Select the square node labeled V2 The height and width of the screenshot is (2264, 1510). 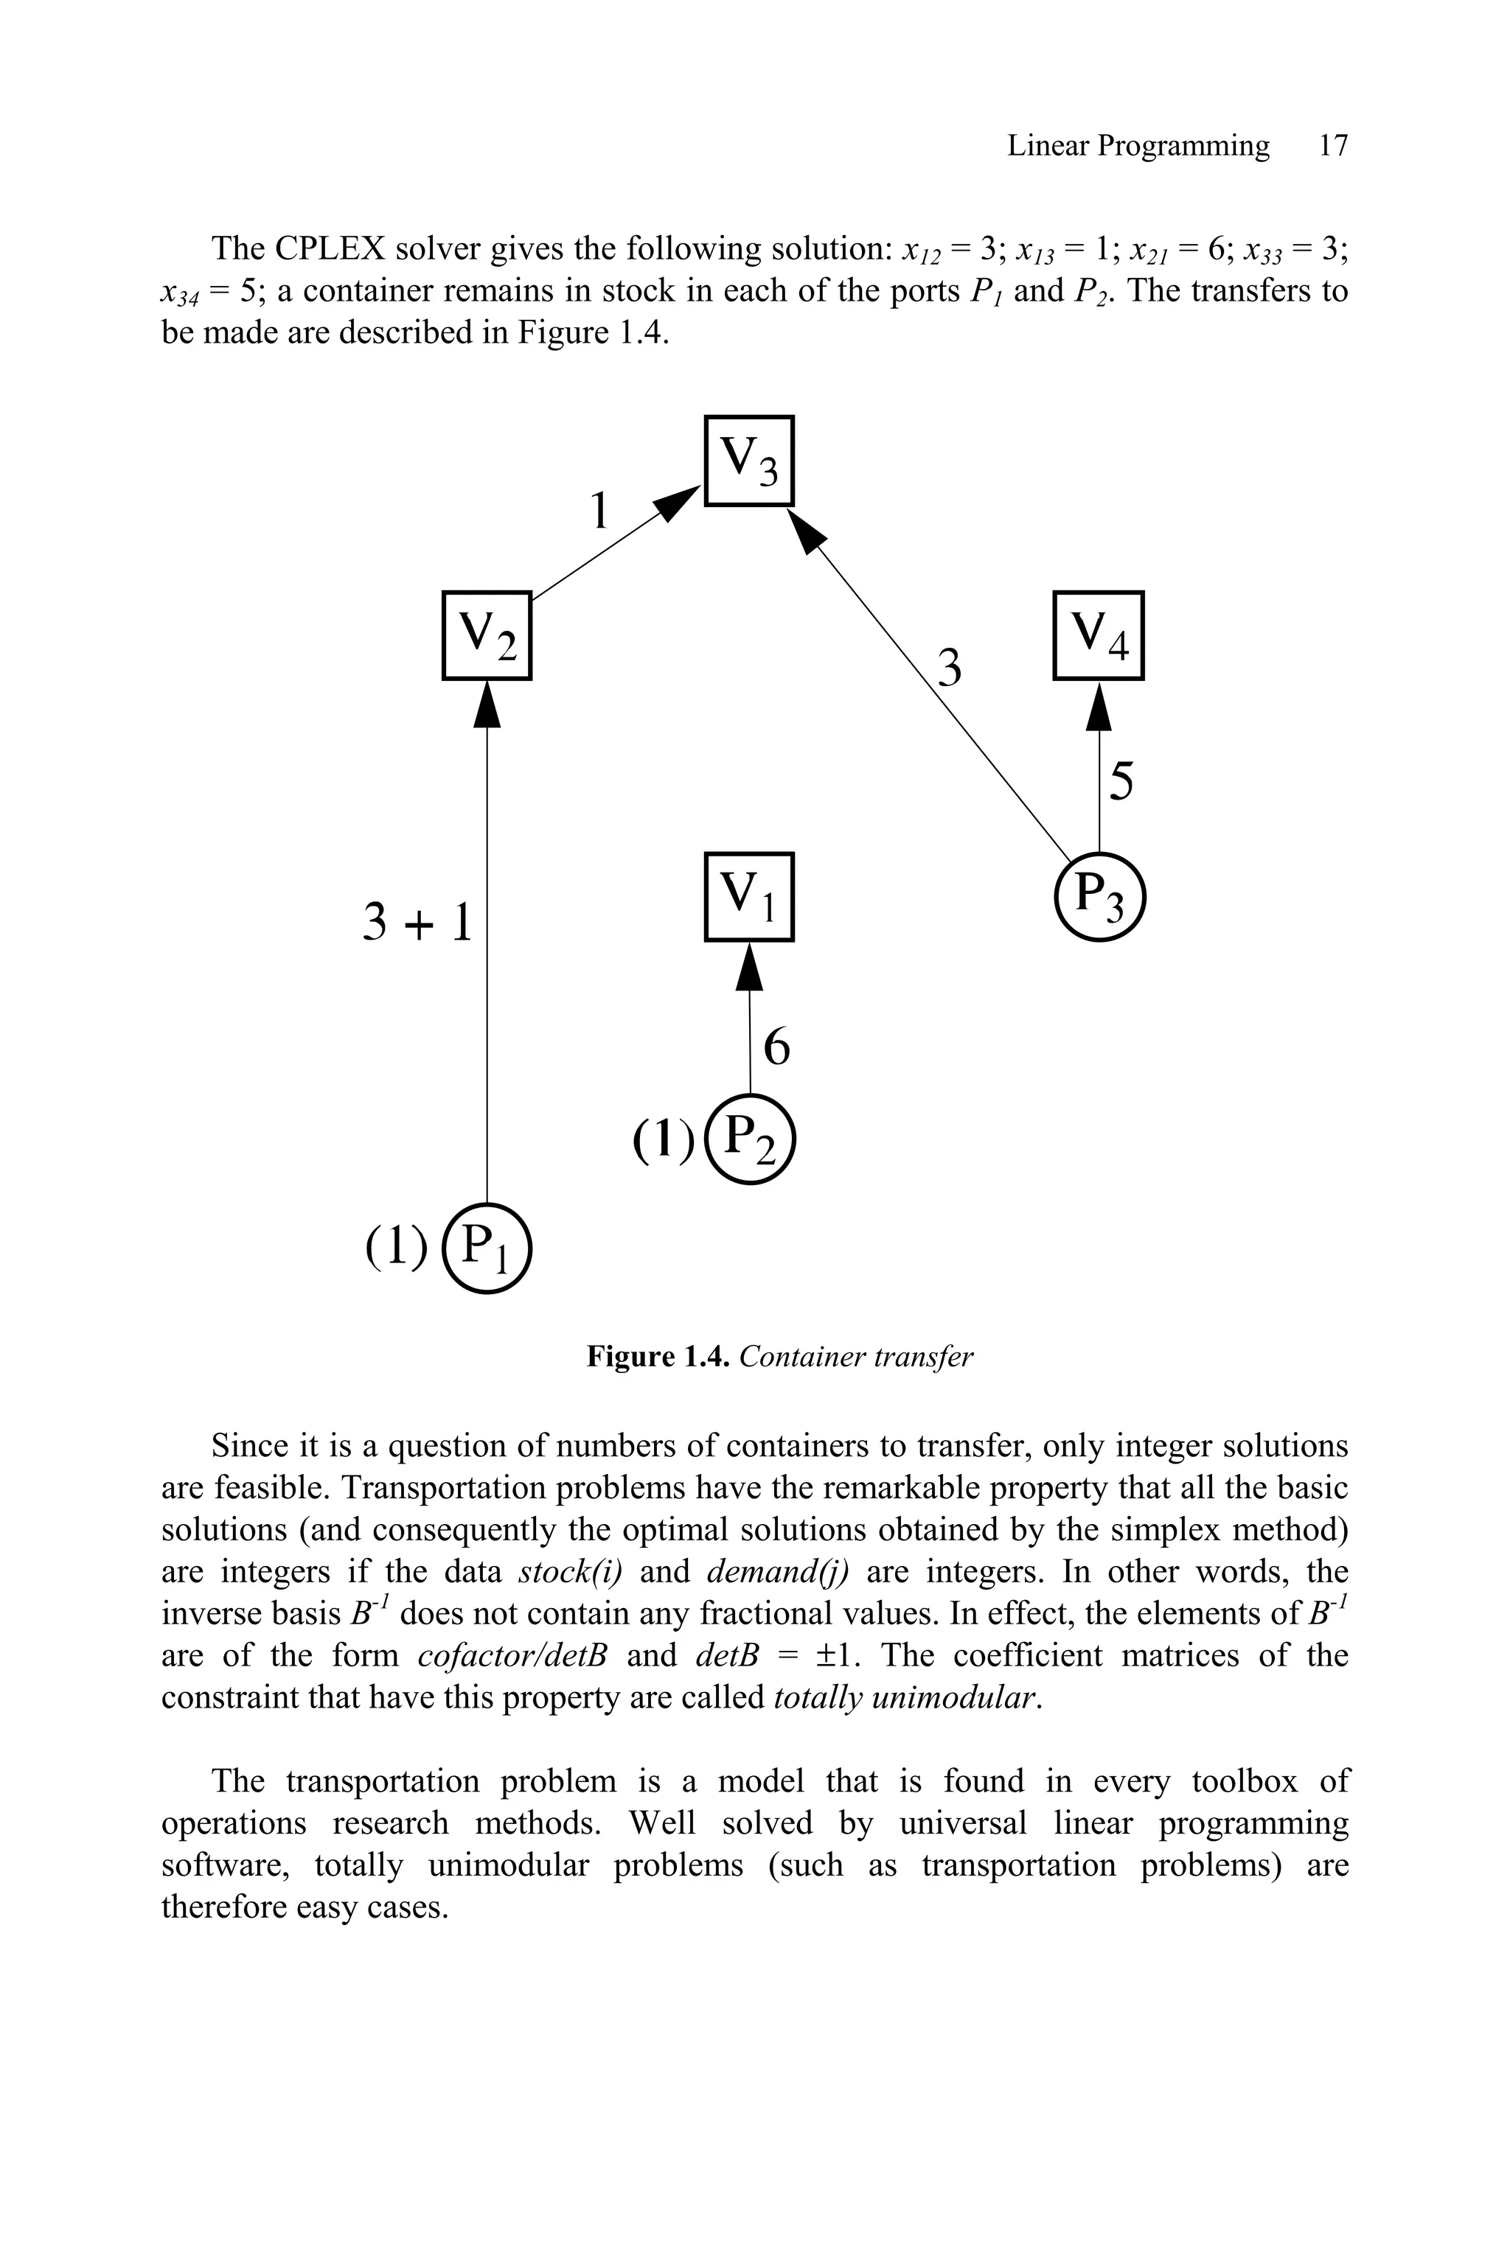[487, 635]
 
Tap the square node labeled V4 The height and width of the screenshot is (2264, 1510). [1098, 635]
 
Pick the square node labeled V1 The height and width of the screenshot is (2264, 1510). [748, 896]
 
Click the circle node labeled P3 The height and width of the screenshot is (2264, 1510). [1099, 897]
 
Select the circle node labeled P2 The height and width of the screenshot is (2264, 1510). [750, 1139]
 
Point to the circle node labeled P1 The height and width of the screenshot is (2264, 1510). [487, 1248]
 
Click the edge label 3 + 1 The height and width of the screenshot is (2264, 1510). [418, 922]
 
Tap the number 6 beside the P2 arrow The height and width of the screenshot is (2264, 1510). [776, 1047]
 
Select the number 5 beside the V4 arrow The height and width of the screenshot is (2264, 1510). [1121, 780]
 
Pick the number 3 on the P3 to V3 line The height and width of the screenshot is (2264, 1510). [950, 668]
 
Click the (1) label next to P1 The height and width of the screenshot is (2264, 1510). [396, 1248]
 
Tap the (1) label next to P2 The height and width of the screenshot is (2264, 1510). [663, 1139]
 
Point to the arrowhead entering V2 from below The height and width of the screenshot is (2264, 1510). [487, 704]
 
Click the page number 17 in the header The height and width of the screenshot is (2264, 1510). [1333, 147]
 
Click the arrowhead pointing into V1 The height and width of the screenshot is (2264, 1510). [749, 965]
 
